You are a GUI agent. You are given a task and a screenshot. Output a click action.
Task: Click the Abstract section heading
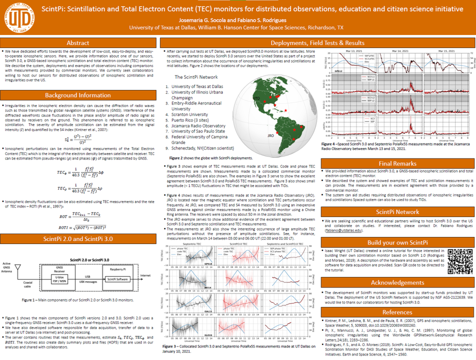pyautogui.click(x=78, y=43)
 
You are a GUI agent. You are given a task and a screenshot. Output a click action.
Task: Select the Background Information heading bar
pyautogui.click(x=78, y=95)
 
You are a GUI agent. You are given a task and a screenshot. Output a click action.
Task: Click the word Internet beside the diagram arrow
pyautogui.click(x=145, y=275)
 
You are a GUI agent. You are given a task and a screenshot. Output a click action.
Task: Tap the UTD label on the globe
pyautogui.click(x=256, y=98)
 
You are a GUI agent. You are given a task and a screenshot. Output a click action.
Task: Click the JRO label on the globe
pyautogui.click(x=270, y=135)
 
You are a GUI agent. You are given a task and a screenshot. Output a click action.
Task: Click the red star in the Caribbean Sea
pyautogui.click(x=285, y=110)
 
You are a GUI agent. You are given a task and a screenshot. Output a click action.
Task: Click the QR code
pyautogui.click(x=459, y=260)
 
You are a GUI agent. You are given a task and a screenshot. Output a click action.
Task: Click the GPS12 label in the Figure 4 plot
pyautogui.click(x=338, y=71)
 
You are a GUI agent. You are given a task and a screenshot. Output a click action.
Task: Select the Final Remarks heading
pyautogui.click(x=397, y=163)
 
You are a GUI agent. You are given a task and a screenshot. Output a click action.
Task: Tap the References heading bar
pyautogui.click(x=397, y=312)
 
